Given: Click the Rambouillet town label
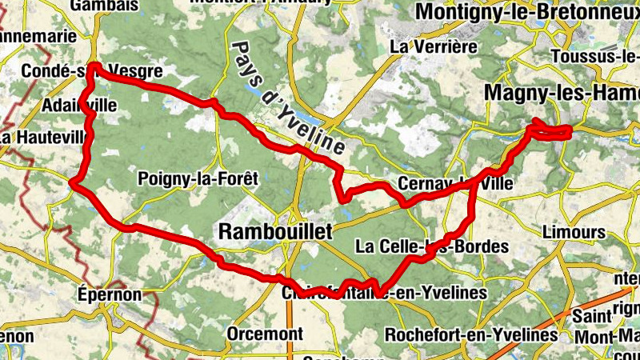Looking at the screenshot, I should [x=274, y=231].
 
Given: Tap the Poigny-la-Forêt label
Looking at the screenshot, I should [x=198, y=178].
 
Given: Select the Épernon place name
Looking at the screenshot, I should [x=110, y=294].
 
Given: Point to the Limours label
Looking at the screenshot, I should [x=573, y=231].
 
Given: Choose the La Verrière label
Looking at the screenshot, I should [x=427, y=46].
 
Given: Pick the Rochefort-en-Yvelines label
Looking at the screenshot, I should [x=470, y=334].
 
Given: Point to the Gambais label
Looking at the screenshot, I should [x=100, y=6].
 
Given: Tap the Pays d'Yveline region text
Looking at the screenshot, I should [x=287, y=97].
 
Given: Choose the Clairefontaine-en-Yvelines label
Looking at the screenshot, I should [x=384, y=293].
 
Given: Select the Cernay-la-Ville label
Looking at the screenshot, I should [x=455, y=183].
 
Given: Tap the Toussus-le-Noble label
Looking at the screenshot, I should [x=595, y=57].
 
